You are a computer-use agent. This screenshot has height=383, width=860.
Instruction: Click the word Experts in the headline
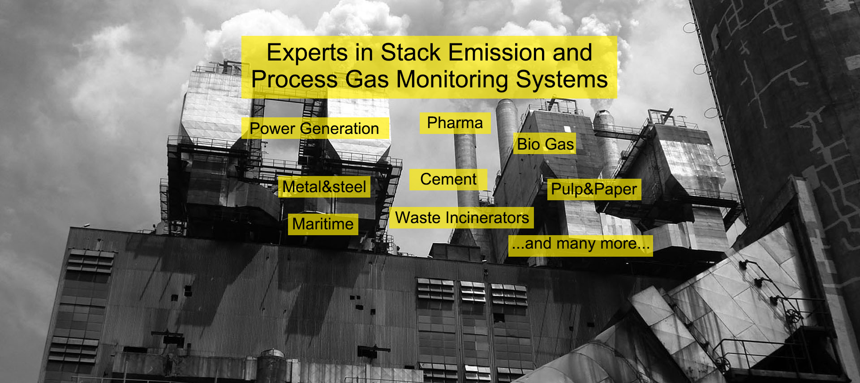pos(307,53)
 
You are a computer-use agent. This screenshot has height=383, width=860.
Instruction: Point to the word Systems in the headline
pos(562,80)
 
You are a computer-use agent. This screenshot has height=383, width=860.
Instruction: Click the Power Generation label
pos(314,129)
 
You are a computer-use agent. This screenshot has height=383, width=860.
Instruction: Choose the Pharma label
pos(455,123)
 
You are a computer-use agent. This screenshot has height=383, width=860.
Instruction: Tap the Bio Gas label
pos(545,144)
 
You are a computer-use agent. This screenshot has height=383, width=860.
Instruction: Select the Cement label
pos(448,180)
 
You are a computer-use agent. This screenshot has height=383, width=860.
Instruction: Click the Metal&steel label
pos(324,187)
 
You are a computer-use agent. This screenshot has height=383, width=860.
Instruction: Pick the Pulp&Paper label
pos(594,189)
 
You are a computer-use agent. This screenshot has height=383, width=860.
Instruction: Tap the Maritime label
pos(323,224)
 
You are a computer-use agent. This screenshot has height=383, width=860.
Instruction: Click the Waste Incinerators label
pos(462,218)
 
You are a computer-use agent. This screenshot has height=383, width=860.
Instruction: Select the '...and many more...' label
pos(580,245)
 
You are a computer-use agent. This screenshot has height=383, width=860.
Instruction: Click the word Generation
pos(340,129)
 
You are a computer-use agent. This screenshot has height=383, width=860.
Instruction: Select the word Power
pos(272,129)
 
